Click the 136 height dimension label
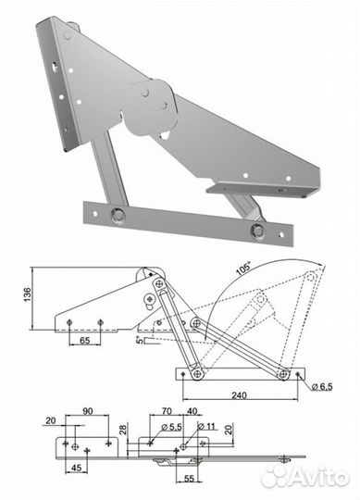coord(28,294)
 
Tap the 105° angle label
coord(243,269)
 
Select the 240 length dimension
coord(239,395)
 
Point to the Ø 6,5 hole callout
coord(322,387)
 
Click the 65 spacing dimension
coord(84,341)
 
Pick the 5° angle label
coord(138,340)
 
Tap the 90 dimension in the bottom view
coord(88,411)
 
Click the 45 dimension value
coord(75,468)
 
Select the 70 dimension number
coord(167,411)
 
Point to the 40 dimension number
coord(192,411)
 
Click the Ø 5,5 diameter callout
coord(171,427)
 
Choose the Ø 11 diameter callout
coord(206,426)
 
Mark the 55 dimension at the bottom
coord(189,479)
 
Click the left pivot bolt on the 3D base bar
coord(118,215)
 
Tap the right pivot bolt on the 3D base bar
coord(257,231)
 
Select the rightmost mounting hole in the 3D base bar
coord(280,234)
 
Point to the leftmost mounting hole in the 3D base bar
coord(94,214)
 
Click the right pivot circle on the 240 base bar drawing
coord(283,374)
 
